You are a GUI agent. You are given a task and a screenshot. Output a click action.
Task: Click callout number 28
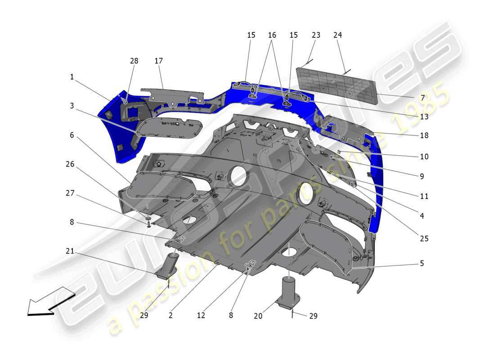pyautogui.click(x=134, y=61)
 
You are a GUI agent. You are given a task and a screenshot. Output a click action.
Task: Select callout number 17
pyautogui.click(x=158, y=61)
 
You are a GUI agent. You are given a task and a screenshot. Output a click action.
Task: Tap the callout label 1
pyautogui.click(x=72, y=77)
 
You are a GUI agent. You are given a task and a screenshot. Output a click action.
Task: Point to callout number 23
pyautogui.click(x=316, y=35)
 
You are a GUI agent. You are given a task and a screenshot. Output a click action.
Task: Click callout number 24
pyautogui.click(x=338, y=35)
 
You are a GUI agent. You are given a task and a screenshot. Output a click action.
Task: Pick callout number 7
pyautogui.click(x=422, y=98)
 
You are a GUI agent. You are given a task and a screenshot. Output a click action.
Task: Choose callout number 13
pyautogui.click(x=424, y=117)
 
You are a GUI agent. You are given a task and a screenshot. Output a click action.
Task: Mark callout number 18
pyautogui.click(x=424, y=135)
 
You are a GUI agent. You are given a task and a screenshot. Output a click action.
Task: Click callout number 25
pyautogui.click(x=424, y=238)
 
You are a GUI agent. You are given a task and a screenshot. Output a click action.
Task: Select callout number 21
pyautogui.click(x=70, y=251)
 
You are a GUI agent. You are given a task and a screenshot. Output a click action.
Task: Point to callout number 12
pyautogui.click(x=201, y=316)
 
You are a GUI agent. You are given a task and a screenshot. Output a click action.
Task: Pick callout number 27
pyautogui.click(x=70, y=194)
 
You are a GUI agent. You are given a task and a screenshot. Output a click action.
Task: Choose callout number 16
pyautogui.click(x=272, y=35)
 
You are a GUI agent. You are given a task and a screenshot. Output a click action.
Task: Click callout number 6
pyautogui.click(x=72, y=135)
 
